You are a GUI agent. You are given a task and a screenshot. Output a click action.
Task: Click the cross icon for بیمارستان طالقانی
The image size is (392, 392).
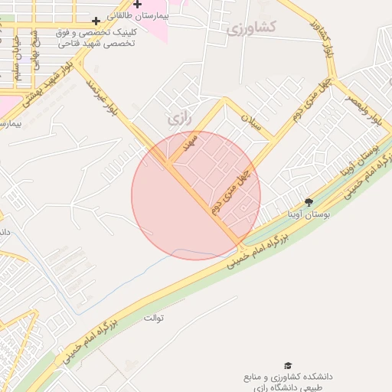[137, 5]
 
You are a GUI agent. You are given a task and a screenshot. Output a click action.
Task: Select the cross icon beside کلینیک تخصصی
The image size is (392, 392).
[96, 21]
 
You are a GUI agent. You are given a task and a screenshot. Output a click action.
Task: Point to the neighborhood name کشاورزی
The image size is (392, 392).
[252, 27]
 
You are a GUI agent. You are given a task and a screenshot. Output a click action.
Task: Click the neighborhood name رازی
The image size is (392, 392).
[177, 119]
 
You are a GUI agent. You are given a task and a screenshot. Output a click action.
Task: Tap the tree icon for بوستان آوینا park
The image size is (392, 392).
[309, 202]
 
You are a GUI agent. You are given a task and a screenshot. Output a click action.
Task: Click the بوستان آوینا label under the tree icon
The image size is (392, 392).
[309, 216]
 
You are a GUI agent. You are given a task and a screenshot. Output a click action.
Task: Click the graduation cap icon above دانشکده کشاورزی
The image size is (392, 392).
[288, 366]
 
